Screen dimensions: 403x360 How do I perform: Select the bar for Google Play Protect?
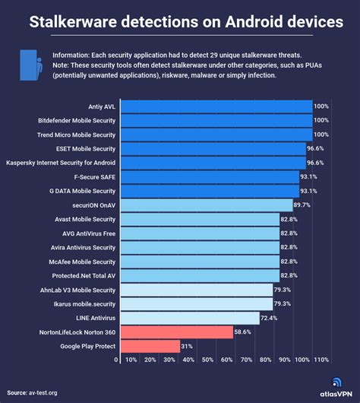pyautogui.click(x=149, y=347)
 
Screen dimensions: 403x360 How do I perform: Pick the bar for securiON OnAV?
pyautogui.click(x=206, y=205)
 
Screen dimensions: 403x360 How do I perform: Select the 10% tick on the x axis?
pyautogui.click(x=131, y=360)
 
